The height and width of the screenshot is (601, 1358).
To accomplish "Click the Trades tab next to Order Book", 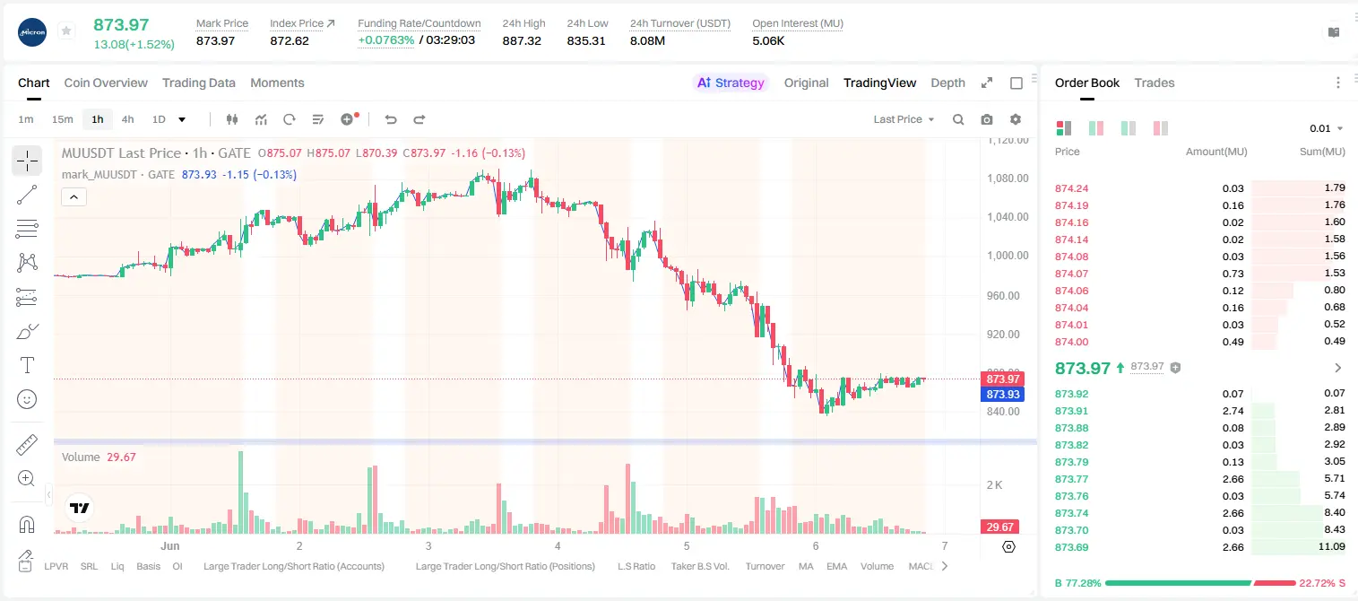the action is (x=1155, y=83).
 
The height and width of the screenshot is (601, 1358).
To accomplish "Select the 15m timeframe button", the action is (x=63, y=119).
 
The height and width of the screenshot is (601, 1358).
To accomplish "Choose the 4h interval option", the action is (x=127, y=119).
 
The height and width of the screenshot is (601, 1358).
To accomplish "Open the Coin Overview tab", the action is (x=106, y=83).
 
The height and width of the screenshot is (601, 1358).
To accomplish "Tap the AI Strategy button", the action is (x=731, y=83).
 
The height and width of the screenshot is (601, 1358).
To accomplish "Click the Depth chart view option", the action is (x=947, y=83).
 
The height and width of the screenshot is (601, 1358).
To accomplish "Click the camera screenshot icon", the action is (x=987, y=119).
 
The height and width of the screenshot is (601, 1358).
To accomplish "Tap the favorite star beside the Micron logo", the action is (x=66, y=30).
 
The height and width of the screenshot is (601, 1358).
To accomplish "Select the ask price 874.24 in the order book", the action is (x=1071, y=188).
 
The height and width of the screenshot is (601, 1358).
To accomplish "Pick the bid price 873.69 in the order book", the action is (x=1071, y=547).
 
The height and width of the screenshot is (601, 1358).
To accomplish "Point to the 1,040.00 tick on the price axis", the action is (x=1008, y=216).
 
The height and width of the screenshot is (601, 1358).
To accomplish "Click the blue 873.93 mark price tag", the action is (x=1003, y=394).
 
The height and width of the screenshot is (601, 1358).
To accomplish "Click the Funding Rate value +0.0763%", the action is (x=386, y=40).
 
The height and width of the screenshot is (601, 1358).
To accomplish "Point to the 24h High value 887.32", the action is (x=522, y=40).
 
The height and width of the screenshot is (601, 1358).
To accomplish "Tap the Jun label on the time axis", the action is (x=169, y=545).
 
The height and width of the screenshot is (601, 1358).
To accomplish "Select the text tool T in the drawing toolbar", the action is (x=27, y=365).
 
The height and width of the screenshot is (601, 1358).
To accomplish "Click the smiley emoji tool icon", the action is (x=27, y=399).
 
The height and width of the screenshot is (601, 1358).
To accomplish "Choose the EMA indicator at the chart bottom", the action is (x=836, y=566).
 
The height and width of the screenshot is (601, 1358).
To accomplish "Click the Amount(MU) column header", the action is (x=1216, y=152).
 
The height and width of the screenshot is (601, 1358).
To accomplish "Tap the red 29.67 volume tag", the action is (x=999, y=527).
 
